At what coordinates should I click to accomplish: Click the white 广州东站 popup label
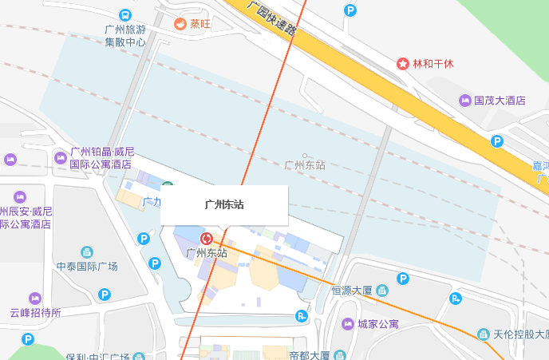tap(223, 204)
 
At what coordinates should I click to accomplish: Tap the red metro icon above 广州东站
tap(207, 239)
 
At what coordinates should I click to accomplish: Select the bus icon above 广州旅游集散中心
tap(125, 15)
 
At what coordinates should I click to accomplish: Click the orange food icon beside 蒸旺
tap(180, 24)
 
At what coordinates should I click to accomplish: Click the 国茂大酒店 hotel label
tap(500, 101)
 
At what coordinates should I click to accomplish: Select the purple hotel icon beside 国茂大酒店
tap(465, 100)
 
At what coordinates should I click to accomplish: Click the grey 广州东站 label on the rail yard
tap(305, 165)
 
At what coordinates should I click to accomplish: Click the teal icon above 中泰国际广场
tap(87, 252)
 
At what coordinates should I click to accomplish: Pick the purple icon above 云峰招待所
tap(35, 299)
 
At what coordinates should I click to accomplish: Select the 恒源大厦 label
tap(353, 290)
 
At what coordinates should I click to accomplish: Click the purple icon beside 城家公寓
tap(346, 323)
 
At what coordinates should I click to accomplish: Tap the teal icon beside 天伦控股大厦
tap(483, 334)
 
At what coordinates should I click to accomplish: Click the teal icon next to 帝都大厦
tap(340, 354)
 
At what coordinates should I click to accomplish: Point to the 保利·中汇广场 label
tap(97, 355)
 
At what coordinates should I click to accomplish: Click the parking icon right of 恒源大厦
tap(403, 279)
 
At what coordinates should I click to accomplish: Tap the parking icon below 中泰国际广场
tap(105, 295)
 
